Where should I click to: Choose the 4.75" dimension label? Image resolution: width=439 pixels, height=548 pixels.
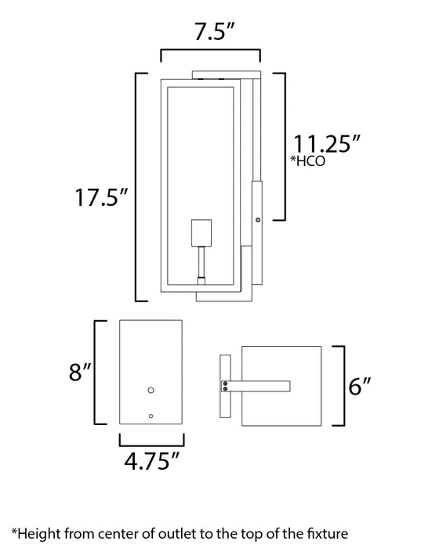point(150,461)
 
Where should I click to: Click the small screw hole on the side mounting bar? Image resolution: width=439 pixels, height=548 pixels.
point(258,221)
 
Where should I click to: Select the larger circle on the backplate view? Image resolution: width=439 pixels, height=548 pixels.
point(152,389)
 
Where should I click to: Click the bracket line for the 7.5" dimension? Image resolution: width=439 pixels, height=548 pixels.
point(209,49)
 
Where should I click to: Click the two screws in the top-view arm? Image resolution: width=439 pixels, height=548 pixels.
point(227,385)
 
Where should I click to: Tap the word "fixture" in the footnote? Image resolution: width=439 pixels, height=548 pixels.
point(324,533)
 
